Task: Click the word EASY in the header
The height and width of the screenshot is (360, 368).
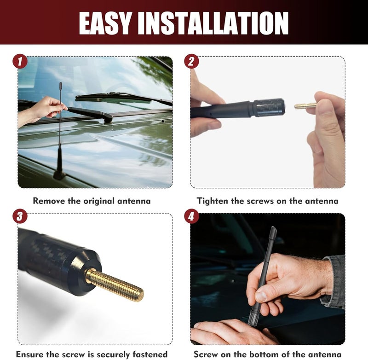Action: coord(105,23)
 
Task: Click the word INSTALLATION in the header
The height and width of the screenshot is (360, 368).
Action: coord(213,23)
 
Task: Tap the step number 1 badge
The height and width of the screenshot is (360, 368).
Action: coord(20,62)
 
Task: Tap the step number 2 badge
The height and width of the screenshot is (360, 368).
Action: coord(191,62)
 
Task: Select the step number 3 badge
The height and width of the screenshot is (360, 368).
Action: coord(20,216)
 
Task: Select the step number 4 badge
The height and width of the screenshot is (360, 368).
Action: coord(191,216)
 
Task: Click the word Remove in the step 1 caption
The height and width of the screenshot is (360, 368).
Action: coord(49,201)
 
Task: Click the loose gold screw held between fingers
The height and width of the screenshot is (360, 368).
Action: coord(305,106)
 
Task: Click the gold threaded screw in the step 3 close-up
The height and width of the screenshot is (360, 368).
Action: coord(115,285)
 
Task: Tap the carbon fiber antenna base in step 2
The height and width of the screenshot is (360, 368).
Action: coord(269,108)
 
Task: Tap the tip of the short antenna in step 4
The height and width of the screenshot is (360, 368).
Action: coord(273,227)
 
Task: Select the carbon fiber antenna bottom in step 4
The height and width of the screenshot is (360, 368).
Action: coord(253,318)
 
